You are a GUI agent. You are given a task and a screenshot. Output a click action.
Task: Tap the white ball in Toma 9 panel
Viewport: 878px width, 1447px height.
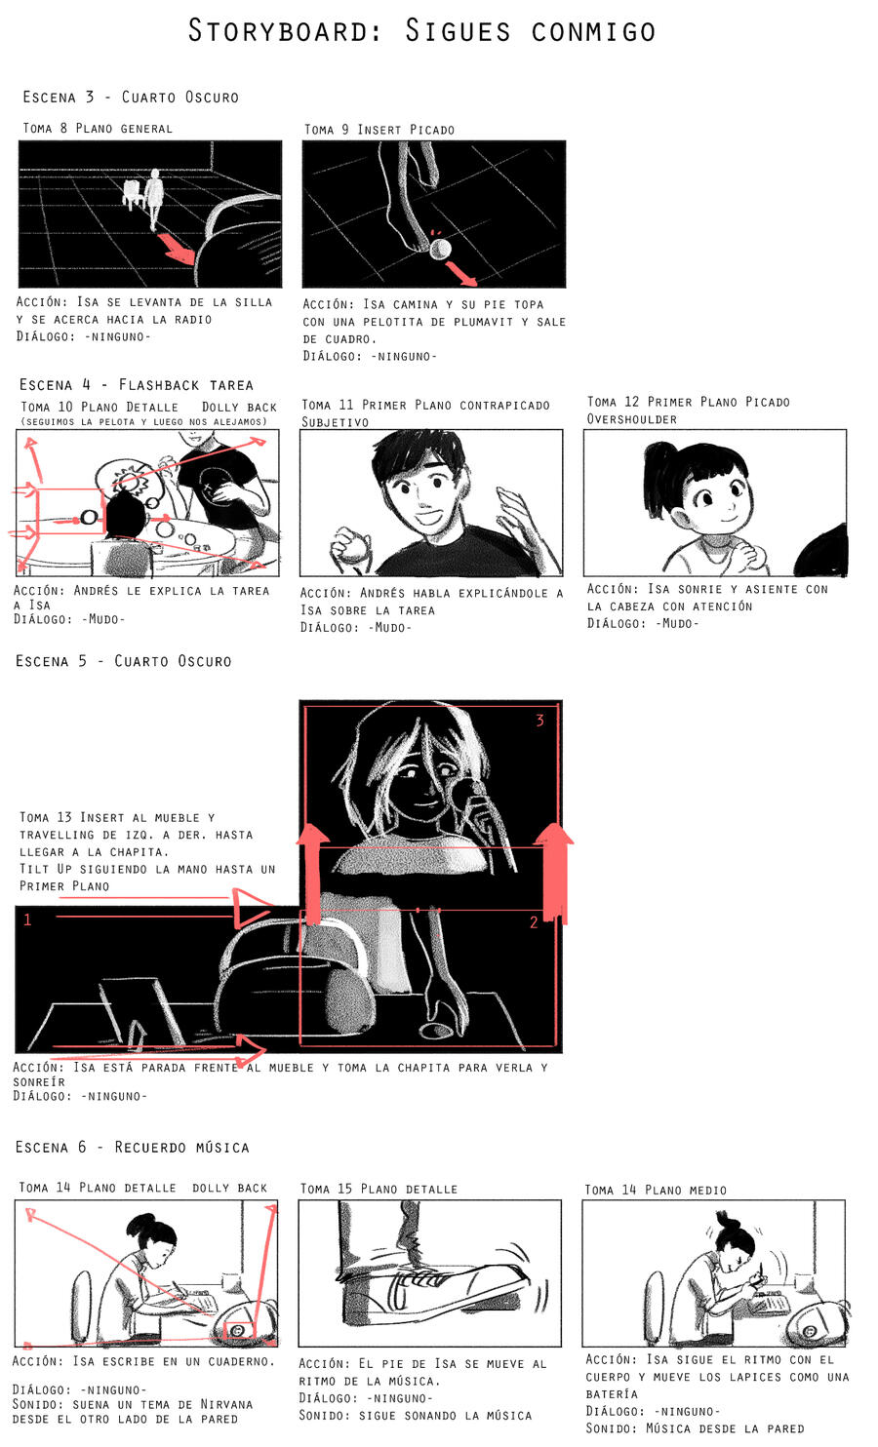tap(440, 249)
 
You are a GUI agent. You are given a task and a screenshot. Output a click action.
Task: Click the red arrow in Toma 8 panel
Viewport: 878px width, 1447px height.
tap(176, 248)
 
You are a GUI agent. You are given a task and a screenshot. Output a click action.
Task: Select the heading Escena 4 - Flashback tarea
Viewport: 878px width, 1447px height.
tap(136, 384)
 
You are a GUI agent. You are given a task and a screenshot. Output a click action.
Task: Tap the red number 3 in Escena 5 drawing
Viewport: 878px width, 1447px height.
tap(539, 721)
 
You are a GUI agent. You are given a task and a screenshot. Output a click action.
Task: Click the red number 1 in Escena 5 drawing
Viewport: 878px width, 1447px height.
tap(27, 919)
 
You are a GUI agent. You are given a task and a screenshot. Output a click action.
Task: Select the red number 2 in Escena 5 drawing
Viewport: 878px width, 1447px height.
tap(534, 921)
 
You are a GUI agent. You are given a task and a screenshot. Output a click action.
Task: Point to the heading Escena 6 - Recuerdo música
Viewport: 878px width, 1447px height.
tap(133, 1148)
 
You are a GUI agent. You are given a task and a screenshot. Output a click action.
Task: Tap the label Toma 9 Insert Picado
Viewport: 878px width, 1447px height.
tap(379, 129)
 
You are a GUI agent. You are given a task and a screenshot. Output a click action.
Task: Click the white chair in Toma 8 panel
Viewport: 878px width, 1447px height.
tap(133, 193)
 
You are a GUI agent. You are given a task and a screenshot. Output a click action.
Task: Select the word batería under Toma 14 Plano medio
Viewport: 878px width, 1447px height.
tap(612, 1394)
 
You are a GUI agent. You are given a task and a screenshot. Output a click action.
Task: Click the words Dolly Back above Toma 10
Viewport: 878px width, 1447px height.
tap(239, 407)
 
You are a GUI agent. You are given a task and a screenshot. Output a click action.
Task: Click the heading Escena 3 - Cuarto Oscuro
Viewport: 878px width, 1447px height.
tap(132, 97)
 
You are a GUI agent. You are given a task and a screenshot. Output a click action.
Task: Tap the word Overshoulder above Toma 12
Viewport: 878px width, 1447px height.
tap(631, 419)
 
